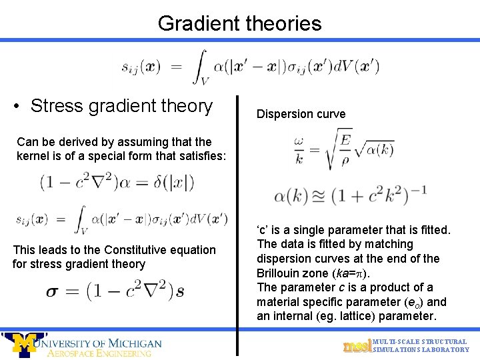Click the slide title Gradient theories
(x=239, y=23)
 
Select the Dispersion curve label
(x=301, y=114)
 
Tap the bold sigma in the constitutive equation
(x=53, y=291)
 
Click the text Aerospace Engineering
(x=99, y=353)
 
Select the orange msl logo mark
(x=355, y=346)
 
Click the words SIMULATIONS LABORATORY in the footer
(x=421, y=350)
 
